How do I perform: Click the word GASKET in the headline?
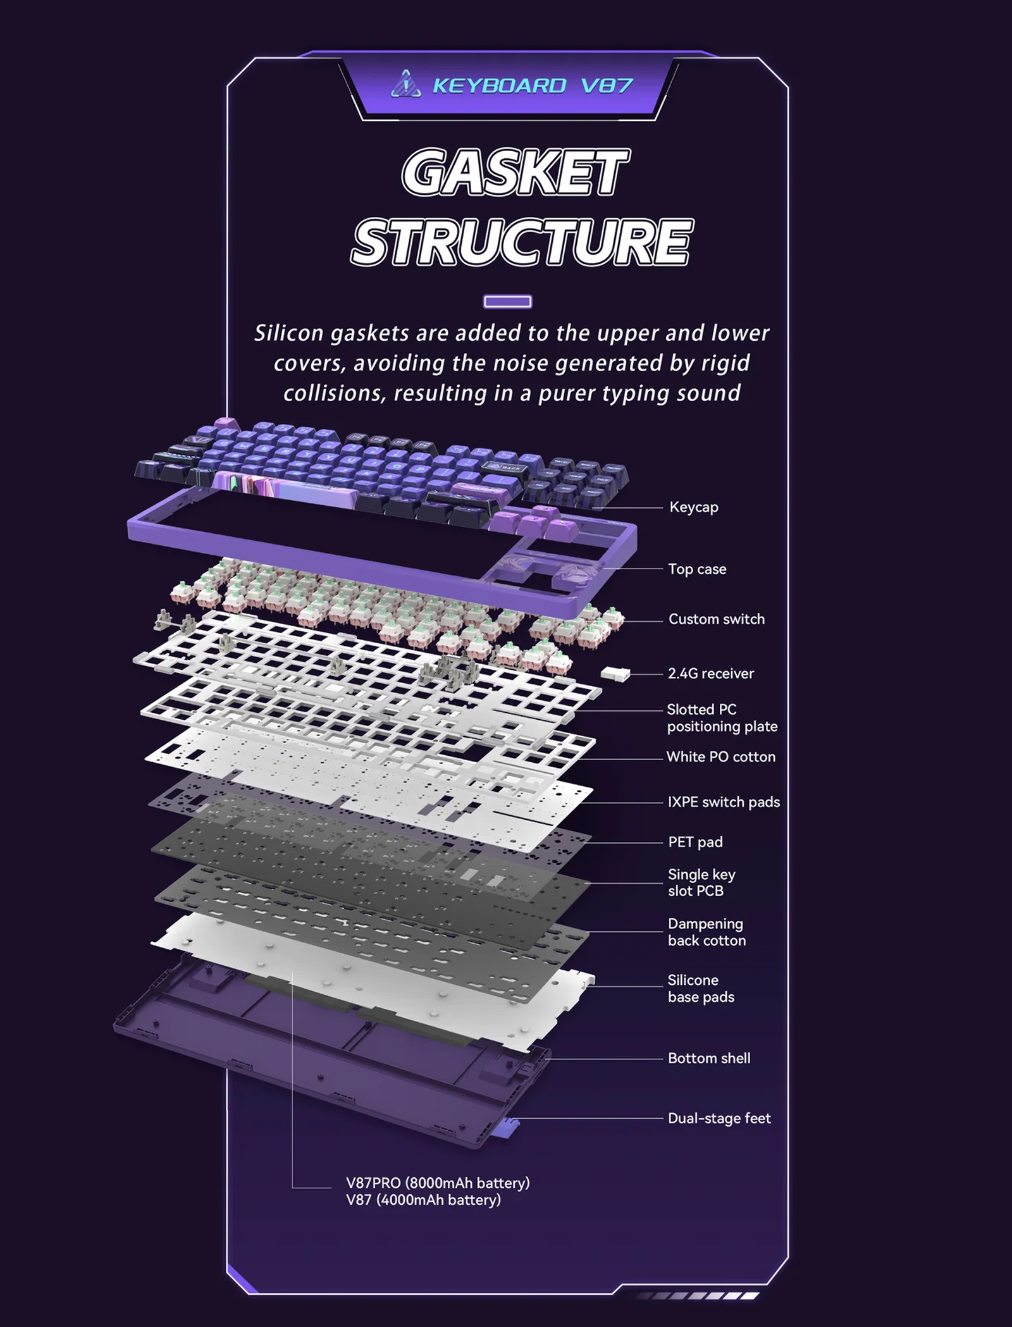[515, 172]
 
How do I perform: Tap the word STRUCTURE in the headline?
[522, 242]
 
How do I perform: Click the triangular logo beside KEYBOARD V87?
[406, 84]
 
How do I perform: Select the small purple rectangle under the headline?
[507, 302]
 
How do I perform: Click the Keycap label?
[694, 507]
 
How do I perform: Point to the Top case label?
[697, 569]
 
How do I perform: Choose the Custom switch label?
[717, 619]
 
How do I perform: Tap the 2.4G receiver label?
[711, 674]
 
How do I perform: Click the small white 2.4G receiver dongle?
[615, 674]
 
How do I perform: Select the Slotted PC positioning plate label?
[722, 718]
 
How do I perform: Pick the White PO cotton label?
[721, 757]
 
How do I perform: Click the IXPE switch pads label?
[724, 802]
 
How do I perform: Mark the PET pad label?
[695, 842]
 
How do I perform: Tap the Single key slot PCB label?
[701, 882]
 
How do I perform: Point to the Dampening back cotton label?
[707, 932]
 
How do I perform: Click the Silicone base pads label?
[701, 988]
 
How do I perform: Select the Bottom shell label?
[709, 1058]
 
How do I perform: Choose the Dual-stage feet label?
[719, 1118]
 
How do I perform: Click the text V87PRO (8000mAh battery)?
[438, 1183]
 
